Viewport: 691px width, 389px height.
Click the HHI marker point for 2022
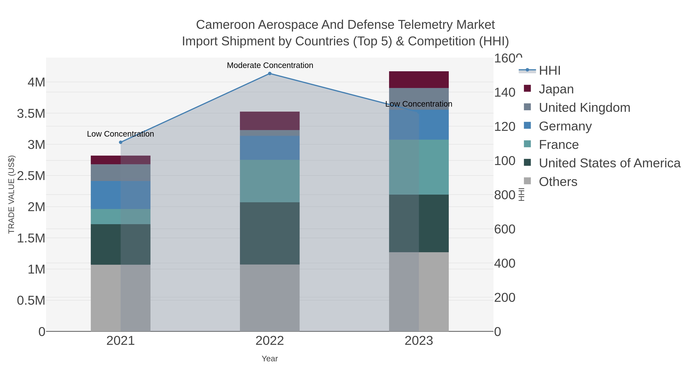pos(270,74)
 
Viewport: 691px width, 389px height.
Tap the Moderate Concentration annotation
pos(270,65)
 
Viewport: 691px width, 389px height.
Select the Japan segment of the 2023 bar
pos(419,80)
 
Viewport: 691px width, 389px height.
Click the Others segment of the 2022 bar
pos(270,298)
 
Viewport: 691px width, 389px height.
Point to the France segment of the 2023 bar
pos(419,167)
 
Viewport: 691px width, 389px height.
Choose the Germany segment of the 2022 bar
pos(270,148)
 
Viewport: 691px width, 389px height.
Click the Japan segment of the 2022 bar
pos(270,121)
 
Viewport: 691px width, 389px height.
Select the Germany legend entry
pos(565,126)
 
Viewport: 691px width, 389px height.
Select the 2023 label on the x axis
pos(419,341)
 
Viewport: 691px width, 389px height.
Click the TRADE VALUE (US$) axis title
pos(11,194)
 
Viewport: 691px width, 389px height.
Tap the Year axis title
pos(270,359)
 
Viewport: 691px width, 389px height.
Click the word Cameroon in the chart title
pos(225,25)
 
